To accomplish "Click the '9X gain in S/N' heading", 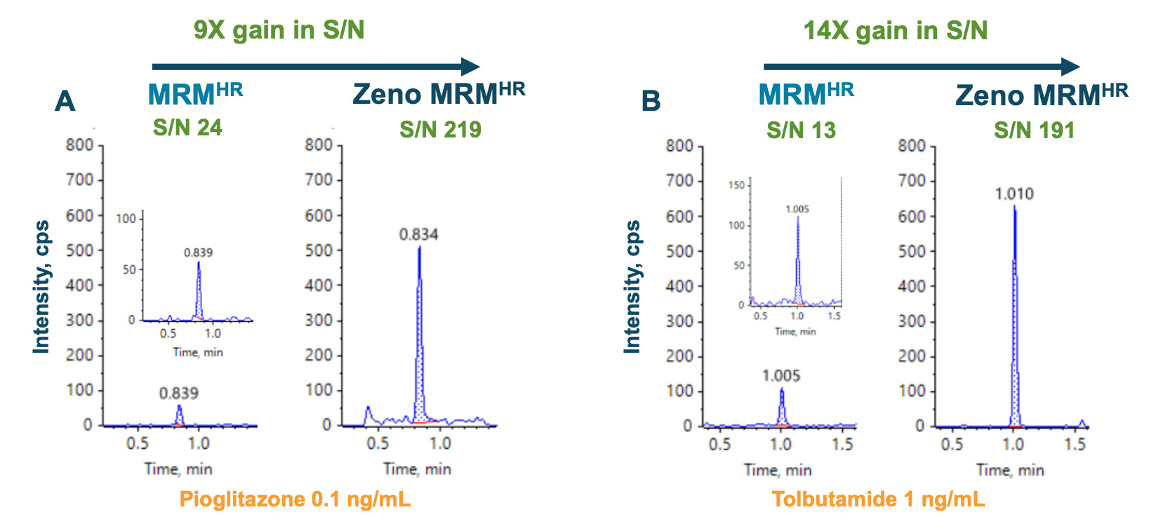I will (279, 30).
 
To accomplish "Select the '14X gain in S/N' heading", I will (895, 30).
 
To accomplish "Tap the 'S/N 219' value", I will (440, 130).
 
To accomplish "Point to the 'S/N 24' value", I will (187, 128).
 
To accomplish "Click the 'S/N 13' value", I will (801, 130).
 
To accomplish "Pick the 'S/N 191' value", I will (1034, 130).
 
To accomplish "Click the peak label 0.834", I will (418, 234).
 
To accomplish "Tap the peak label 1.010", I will (1014, 194).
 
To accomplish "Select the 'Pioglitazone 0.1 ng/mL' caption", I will (295, 499).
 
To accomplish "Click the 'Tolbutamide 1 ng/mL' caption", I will (878, 499).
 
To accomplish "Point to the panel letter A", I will (65, 102).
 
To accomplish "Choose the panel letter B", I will (651, 102).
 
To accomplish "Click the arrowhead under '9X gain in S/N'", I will (470, 67).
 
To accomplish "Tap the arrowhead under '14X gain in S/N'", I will (1070, 67).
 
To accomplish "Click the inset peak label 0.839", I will (198, 253).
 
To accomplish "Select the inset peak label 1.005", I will (797, 209).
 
